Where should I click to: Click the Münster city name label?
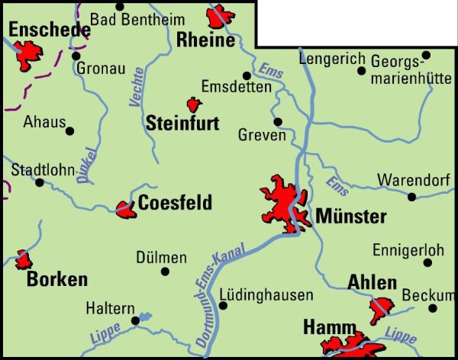[350, 217]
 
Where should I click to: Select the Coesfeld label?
[175, 203]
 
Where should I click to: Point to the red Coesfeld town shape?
[125, 207]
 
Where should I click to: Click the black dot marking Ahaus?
[70, 130]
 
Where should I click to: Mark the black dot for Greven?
[278, 121]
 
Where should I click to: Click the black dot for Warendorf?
[412, 197]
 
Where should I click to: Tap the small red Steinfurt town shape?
[194, 104]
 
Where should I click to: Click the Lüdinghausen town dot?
[223, 306]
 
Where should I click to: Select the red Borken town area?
[24, 259]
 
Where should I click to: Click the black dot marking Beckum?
[432, 308]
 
